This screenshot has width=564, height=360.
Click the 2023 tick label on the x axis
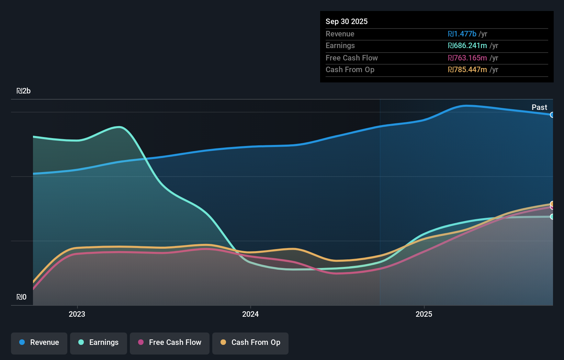(77, 314)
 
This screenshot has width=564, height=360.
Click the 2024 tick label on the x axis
(250, 314)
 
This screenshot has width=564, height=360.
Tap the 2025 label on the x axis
(424, 314)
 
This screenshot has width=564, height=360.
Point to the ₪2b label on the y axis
(24, 91)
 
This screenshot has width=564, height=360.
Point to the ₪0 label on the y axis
(21, 297)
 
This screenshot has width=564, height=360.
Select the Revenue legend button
(39, 342)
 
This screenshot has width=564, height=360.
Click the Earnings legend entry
(99, 342)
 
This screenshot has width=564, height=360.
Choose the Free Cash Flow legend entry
(170, 342)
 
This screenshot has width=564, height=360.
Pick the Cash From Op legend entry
(250, 342)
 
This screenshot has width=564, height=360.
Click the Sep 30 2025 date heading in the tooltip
(346, 21)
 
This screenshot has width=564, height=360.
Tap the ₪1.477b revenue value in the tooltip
(462, 34)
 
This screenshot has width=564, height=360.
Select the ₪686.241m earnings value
(467, 46)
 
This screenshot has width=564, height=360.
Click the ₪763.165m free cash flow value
(467, 58)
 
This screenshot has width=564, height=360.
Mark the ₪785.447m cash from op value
(467, 70)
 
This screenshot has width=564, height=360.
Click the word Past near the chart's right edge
(539, 107)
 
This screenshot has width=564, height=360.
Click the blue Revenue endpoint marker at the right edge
(552, 115)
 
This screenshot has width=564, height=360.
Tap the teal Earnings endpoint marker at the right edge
(552, 217)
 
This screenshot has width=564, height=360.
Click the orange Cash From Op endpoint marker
(552, 204)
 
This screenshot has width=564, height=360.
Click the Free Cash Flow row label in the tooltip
(351, 58)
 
